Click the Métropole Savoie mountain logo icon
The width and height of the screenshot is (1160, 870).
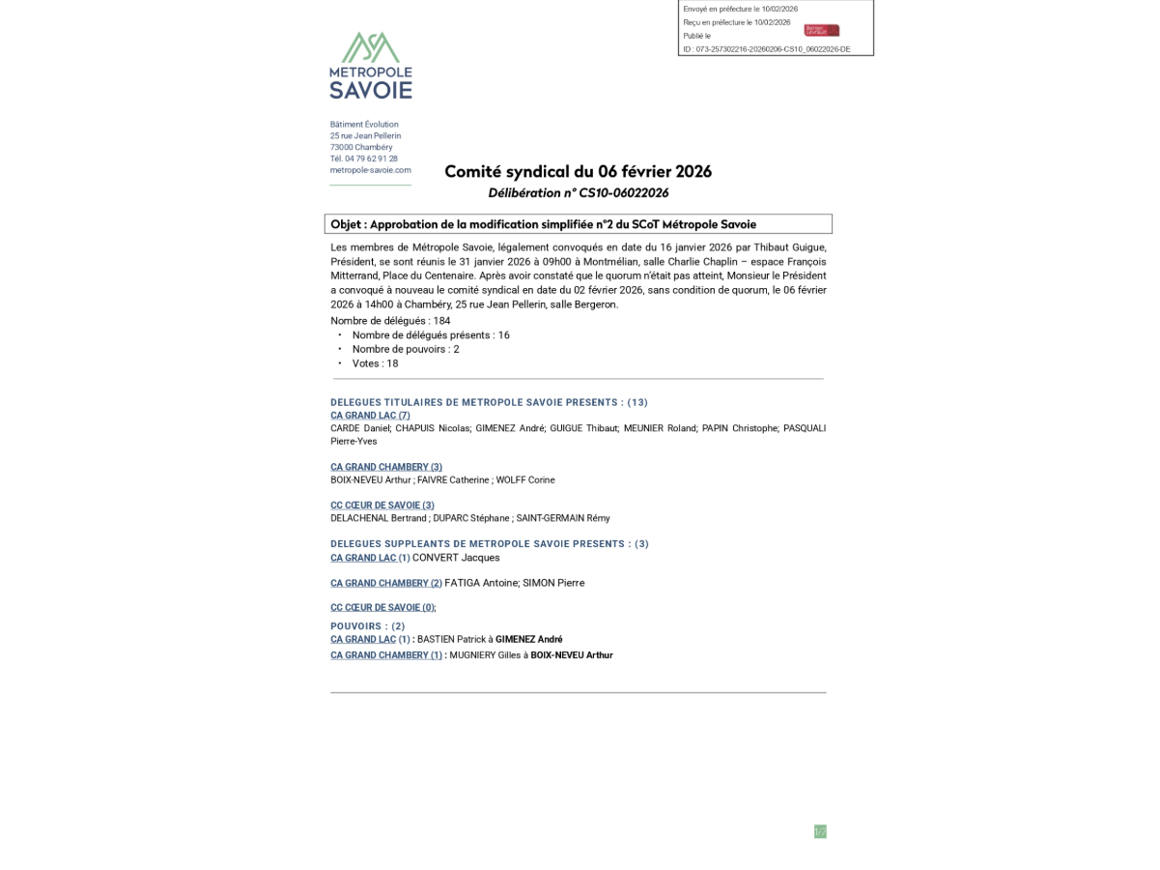[x=370, y=46]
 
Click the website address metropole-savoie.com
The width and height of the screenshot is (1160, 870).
[x=370, y=170]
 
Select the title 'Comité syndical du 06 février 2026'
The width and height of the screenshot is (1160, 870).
[x=578, y=172]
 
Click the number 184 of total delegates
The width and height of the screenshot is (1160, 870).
[x=441, y=321]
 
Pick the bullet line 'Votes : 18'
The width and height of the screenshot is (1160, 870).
[x=375, y=363]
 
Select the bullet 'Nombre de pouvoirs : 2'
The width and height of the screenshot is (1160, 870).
[x=406, y=349]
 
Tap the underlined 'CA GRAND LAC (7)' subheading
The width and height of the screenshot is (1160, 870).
[x=370, y=416]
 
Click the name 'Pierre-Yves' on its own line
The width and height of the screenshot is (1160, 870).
[x=354, y=442]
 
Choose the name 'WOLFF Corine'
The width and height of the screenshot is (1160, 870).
[x=526, y=480]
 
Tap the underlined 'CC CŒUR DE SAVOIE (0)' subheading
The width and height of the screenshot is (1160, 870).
[x=382, y=608]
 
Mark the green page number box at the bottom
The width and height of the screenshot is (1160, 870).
[x=820, y=831]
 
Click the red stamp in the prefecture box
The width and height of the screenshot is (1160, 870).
[x=821, y=30]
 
